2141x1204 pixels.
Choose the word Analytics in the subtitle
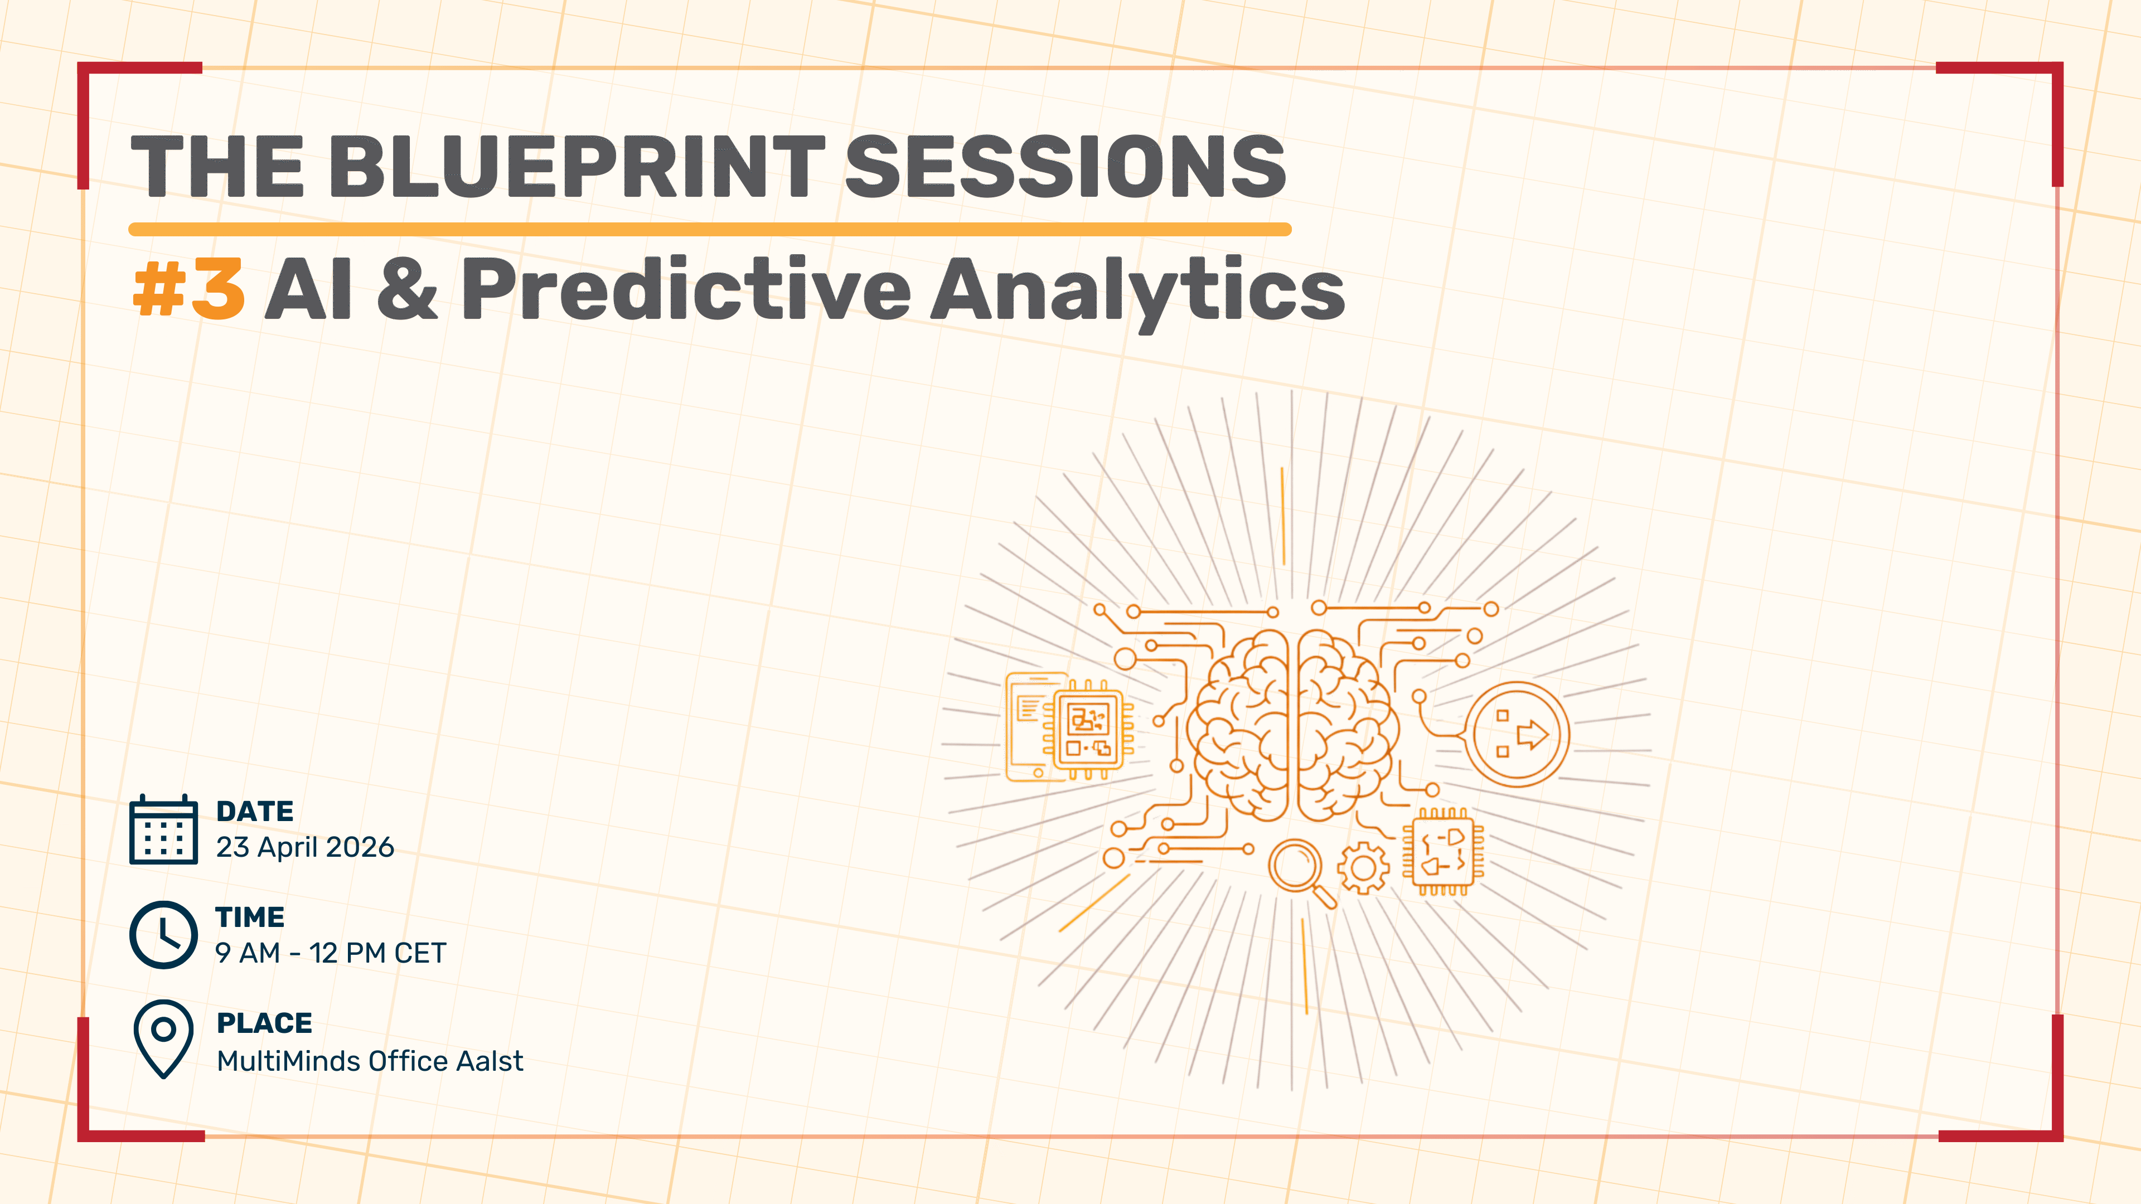click(1137, 293)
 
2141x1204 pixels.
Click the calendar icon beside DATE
click(164, 830)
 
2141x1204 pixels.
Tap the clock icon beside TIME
click(164, 935)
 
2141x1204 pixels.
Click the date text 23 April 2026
click(305, 847)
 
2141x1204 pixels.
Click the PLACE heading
click(264, 1023)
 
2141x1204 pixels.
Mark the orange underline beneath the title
click(710, 229)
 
